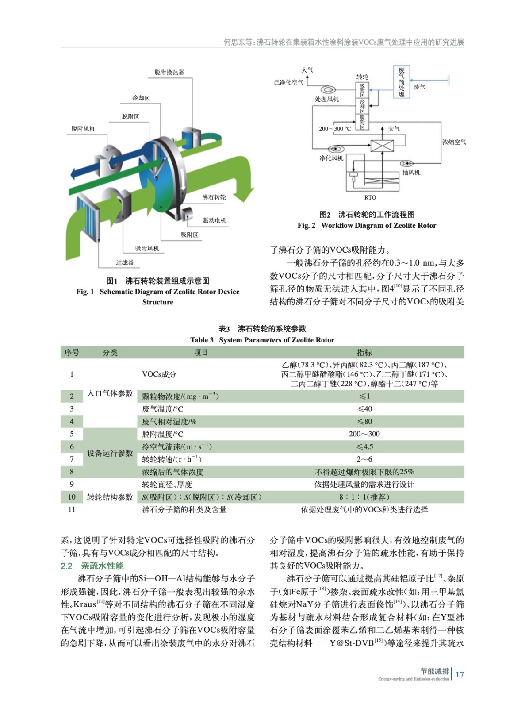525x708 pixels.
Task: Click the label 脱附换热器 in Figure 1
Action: tap(169, 72)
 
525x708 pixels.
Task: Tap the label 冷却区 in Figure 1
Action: tap(141, 98)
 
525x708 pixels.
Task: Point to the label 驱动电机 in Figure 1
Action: tap(215, 220)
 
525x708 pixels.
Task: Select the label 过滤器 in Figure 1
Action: tap(125, 262)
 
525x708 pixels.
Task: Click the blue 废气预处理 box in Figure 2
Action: tap(401, 82)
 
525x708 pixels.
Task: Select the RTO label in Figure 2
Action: tap(370, 197)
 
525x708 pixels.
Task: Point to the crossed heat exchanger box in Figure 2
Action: tap(382, 145)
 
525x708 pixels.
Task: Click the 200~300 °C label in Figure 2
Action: tap(335, 128)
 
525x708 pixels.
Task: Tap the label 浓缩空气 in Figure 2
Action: tap(454, 142)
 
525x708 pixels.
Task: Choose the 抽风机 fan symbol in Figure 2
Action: tap(406, 163)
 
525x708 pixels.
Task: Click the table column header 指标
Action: tap(364, 353)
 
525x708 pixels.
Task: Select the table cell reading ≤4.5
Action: tap(364, 446)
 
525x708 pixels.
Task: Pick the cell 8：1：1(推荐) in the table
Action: tap(364, 497)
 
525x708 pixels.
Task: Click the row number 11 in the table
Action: tap(72, 509)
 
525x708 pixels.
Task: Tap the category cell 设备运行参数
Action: tap(110, 453)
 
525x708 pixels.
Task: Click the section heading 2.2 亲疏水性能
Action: tap(92, 566)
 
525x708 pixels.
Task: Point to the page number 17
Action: tap(460, 674)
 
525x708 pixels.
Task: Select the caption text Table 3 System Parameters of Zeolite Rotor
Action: tap(262, 340)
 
